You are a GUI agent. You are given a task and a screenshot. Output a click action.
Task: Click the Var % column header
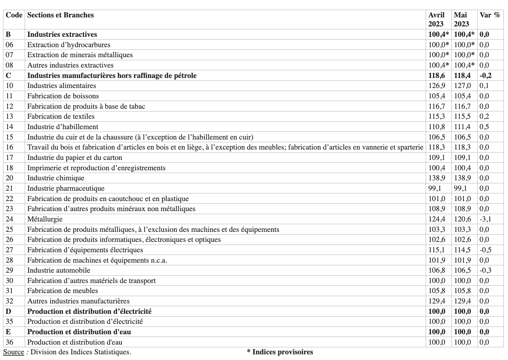tap(490, 15)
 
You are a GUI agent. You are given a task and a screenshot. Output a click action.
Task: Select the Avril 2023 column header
tap(437, 19)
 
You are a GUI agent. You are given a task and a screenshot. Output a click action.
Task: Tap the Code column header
tap(14, 15)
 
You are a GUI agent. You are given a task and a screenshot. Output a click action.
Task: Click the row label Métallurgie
tap(45, 219)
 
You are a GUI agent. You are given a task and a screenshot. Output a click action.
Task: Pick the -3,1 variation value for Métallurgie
tap(485, 219)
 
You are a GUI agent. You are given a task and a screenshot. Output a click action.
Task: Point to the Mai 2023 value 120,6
tap(462, 219)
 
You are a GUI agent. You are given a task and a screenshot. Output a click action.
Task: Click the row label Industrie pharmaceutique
tap(66, 188)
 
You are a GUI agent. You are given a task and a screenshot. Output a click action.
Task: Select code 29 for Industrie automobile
tap(9, 270)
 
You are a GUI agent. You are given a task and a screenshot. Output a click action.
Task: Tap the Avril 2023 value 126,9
tap(437, 86)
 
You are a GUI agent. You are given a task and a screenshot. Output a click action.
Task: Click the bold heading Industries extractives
tap(62, 34)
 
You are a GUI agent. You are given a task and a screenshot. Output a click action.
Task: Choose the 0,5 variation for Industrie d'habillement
tap(484, 127)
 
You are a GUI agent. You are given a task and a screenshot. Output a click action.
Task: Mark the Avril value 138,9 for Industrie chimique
tap(437, 178)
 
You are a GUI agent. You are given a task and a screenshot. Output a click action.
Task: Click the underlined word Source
tap(13, 352)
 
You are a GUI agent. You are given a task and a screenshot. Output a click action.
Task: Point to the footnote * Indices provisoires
tap(280, 352)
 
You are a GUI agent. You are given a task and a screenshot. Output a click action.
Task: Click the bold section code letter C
tap(8, 76)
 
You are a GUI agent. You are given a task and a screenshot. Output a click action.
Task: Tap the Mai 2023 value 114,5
tap(462, 250)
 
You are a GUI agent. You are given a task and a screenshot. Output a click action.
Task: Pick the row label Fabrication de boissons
tap(63, 96)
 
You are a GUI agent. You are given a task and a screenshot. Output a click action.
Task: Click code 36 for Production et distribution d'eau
tap(9, 342)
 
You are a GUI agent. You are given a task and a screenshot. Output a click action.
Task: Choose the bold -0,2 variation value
tap(485, 76)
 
